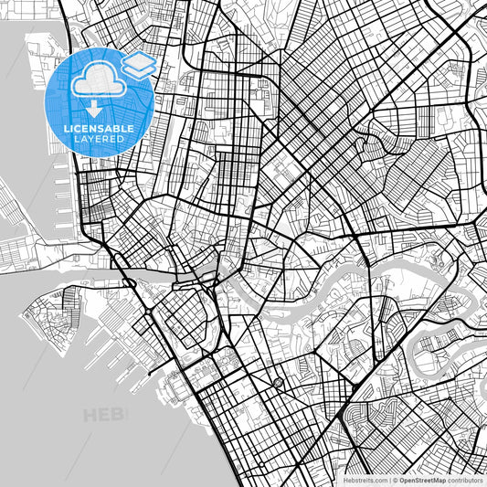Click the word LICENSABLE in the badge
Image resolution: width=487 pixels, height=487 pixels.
(x=99, y=129)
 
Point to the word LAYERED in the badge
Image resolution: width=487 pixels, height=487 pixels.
(x=99, y=141)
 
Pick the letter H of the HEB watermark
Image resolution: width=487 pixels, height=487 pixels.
(x=90, y=417)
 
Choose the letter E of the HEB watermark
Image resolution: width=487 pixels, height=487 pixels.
(x=107, y=417)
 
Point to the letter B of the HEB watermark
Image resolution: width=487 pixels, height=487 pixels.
(x=122, y=417)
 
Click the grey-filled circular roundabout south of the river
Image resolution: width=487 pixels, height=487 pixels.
(x=278, y=382)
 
